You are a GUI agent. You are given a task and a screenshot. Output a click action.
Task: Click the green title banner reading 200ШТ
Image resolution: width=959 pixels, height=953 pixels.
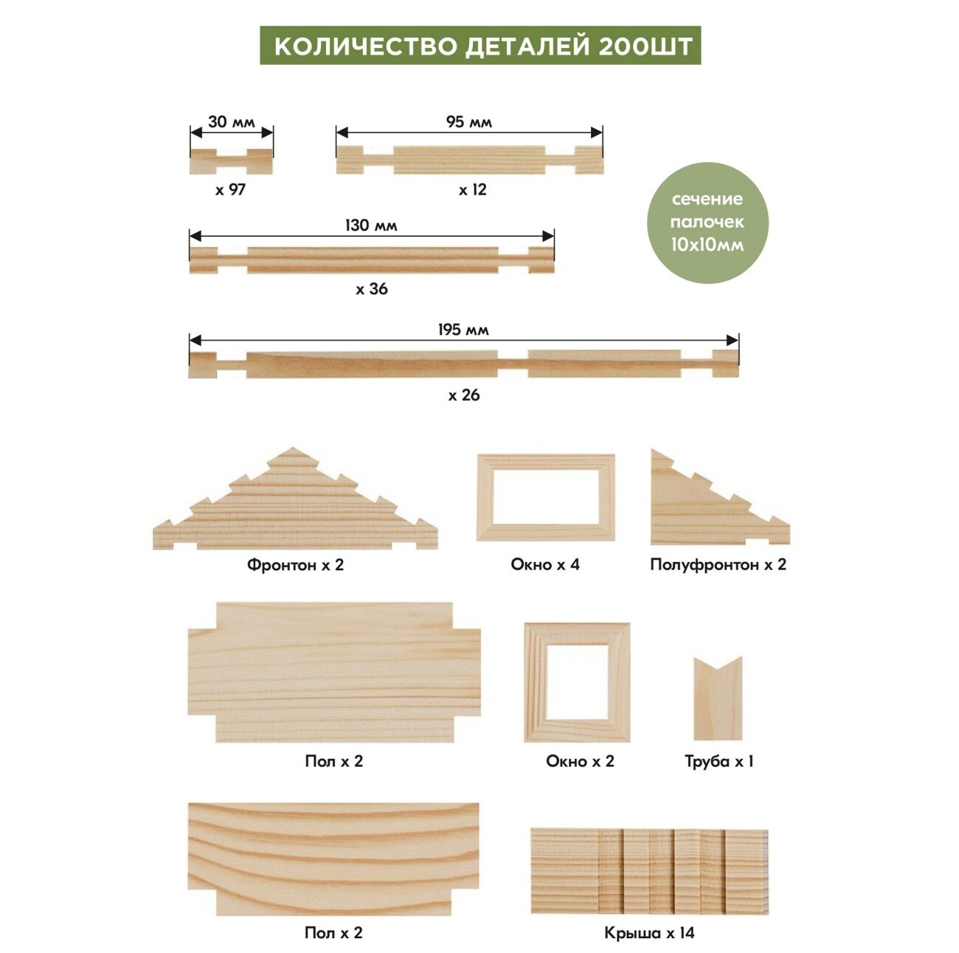[480, 46]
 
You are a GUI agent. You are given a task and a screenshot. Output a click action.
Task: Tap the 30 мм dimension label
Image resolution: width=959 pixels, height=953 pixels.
[231, 122]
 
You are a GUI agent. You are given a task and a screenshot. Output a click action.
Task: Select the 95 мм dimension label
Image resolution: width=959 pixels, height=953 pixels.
[468, 122]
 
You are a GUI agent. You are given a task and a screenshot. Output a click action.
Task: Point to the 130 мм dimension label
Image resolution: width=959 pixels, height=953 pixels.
[370, 225]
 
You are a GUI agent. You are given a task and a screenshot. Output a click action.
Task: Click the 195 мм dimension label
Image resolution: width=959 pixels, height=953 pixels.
[463, 330]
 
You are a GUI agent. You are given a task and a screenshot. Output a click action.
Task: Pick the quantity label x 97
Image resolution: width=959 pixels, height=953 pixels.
[230, 190]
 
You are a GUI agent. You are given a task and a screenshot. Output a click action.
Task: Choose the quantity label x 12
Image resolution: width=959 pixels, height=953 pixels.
[472, 190]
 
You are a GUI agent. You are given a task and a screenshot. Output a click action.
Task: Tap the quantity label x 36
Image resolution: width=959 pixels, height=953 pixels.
[371, 289]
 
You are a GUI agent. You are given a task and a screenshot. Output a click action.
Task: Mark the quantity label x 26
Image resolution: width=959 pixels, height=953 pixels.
[463, 395]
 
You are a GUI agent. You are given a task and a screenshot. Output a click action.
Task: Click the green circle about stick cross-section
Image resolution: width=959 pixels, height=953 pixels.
[707, 222]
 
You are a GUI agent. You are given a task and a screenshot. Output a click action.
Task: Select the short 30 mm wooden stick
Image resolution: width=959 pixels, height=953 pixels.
[231, 162]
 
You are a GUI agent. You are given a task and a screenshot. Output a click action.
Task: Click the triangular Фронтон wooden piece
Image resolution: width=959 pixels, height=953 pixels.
[294, 505]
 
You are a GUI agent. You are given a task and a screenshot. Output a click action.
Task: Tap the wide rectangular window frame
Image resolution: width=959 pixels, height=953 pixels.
[545, 497]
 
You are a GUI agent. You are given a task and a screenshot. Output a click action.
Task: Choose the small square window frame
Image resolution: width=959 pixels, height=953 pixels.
[577, 682]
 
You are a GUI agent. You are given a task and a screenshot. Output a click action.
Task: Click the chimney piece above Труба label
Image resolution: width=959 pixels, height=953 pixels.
[718, 699]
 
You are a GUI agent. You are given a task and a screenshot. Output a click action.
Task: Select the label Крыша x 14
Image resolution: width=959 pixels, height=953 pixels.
[649, 933]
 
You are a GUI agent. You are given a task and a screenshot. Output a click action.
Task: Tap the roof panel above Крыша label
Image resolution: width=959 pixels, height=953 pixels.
[649, 871]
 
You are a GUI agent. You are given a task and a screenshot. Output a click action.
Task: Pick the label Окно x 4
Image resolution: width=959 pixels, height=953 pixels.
[545, 565]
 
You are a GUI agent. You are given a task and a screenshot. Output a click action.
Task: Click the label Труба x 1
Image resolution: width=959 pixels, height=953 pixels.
[719, 761]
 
